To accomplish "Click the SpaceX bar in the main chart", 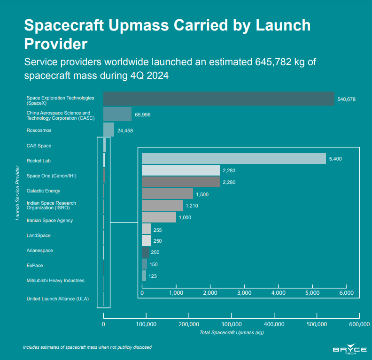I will [218, 99].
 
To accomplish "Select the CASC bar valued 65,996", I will [117, 114].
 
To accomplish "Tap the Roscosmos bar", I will [108, 130].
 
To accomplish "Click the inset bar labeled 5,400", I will [233, 159].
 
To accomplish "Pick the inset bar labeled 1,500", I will [167, 193].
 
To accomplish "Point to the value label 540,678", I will [348, 99].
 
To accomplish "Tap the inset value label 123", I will [153, 276].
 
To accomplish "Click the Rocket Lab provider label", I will [39, 161].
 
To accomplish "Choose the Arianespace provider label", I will [40, 251].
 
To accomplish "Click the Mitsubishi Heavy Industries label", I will [55, 281].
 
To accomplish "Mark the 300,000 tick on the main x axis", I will [231, 324].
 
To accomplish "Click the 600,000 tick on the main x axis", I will [359, 324].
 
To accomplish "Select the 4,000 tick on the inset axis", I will [279, 293].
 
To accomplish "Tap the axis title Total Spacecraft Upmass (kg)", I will [231, 333].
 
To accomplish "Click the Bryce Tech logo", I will [349, 350].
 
